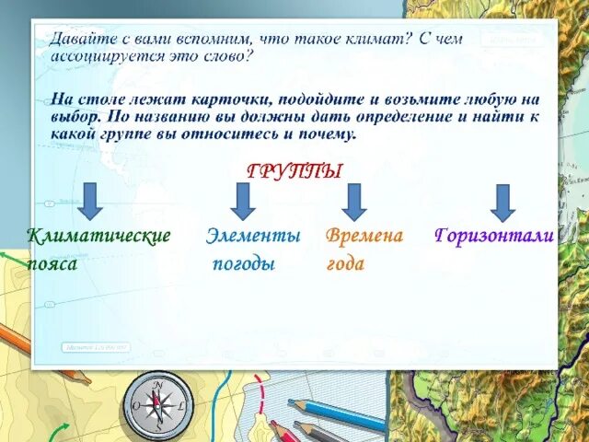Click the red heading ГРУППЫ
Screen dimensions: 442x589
point(294,171)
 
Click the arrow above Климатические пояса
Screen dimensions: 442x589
point(89,201)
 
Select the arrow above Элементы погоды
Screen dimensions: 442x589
point(242,201)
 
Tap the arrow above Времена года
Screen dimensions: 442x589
point(354,202)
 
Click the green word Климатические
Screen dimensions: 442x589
point(99,237)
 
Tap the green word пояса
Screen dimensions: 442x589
point(52,263)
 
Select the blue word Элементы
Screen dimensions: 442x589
point(253,237)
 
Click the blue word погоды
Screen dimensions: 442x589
point(244,264)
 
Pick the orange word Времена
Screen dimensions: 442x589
point(364,237)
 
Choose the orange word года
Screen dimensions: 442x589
point(345,264)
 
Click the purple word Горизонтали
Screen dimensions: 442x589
point(493,237)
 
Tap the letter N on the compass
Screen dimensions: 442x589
point(158,384)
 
